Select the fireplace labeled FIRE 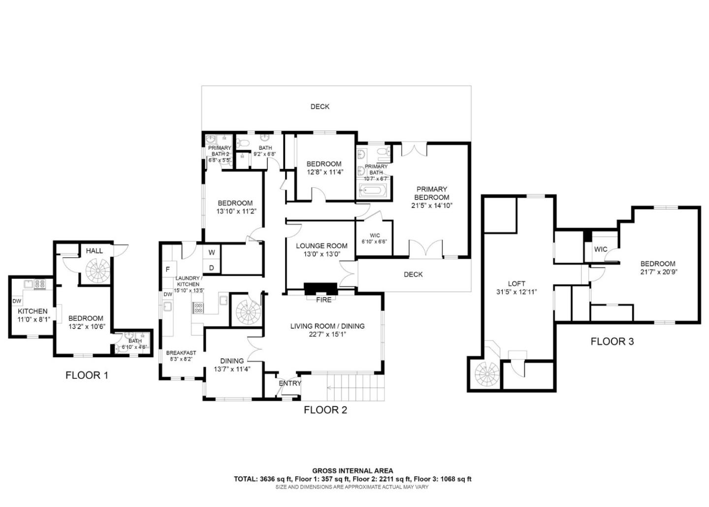(x=321, y=289)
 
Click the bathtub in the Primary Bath (x=374, y=191)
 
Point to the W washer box (x=211, y=252)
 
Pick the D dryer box (x=211, y=268)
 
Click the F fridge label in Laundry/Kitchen (x=168, y=270)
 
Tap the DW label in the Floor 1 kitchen (x=17, y=301)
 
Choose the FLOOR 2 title (x=325, y=410)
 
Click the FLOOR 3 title (x=612, y=341)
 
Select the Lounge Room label (x=322, y=246)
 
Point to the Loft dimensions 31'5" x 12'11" (x=516, y=292)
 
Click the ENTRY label (x=290, y=383)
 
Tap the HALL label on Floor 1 (x=95, y=251)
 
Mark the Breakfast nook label (x=181, y=353)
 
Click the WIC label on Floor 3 (x=601, y=249)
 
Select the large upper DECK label (x=320, y=107)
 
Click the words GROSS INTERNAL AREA (x=353, y=471)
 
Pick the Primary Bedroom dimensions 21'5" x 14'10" (x=432, y=205)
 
